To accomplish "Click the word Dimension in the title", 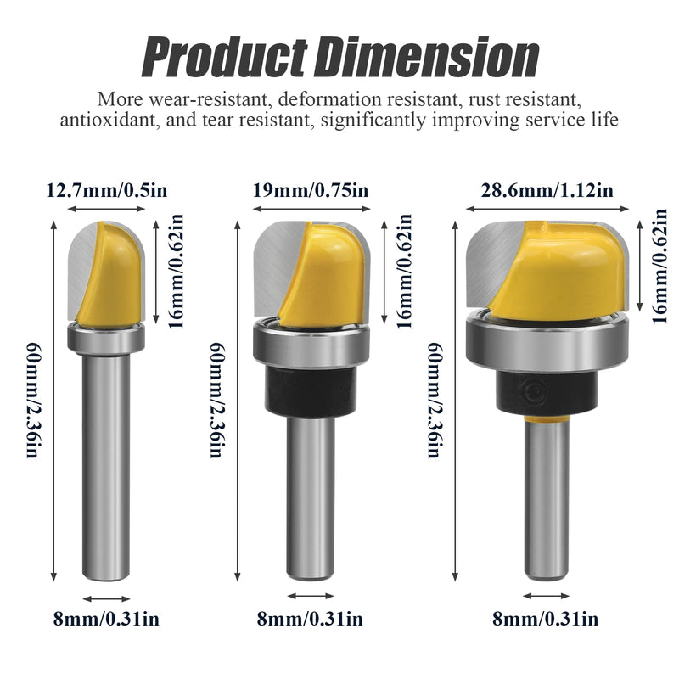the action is click(x=428, y=57).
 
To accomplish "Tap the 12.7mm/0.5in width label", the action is click(x=107, y=190).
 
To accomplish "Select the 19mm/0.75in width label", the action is click(x=311, y=190).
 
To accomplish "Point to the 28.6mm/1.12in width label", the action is click(x=547, y=190).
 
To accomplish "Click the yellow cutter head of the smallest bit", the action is click(x=114, y=277).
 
